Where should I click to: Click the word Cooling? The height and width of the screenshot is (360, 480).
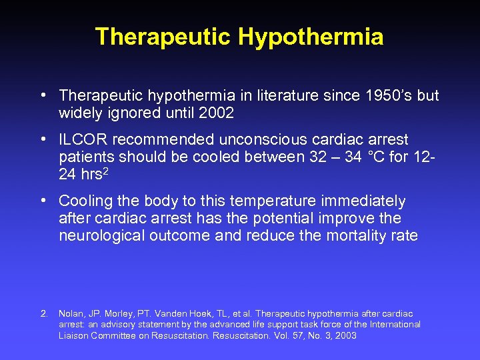(84, 201)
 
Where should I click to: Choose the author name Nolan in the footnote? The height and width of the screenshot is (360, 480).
(71, 313)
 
